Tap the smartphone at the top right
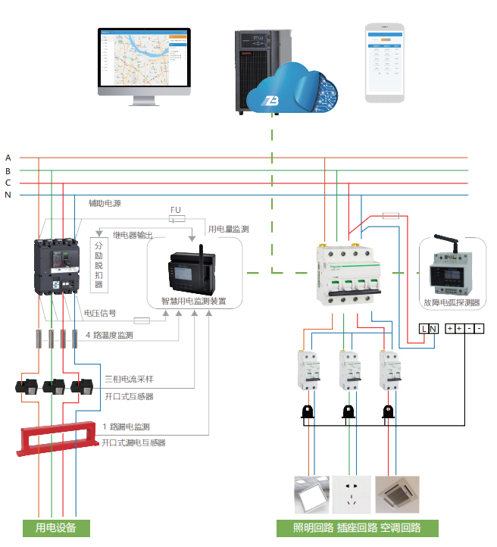pos(384,62)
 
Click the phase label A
pos(8,158)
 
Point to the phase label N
pos(8,195)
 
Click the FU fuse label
pos(176,209)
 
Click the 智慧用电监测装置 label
pos(193,300)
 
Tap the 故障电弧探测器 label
pos(452,302)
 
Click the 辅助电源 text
pos(105,204)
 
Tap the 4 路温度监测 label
pos(109,334)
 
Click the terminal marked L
pos(424,328)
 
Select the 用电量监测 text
pos(229,228)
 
